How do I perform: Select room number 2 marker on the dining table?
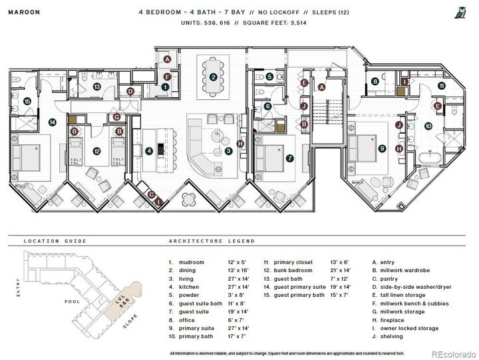213,77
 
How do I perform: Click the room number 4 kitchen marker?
149,151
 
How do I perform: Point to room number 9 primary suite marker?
382,149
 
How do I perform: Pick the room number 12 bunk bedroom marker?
96,151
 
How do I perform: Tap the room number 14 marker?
52,122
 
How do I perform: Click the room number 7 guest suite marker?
289,158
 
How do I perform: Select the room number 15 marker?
27,101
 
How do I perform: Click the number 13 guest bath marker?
96,87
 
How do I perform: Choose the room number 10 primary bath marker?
428,125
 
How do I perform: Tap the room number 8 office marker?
375,82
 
